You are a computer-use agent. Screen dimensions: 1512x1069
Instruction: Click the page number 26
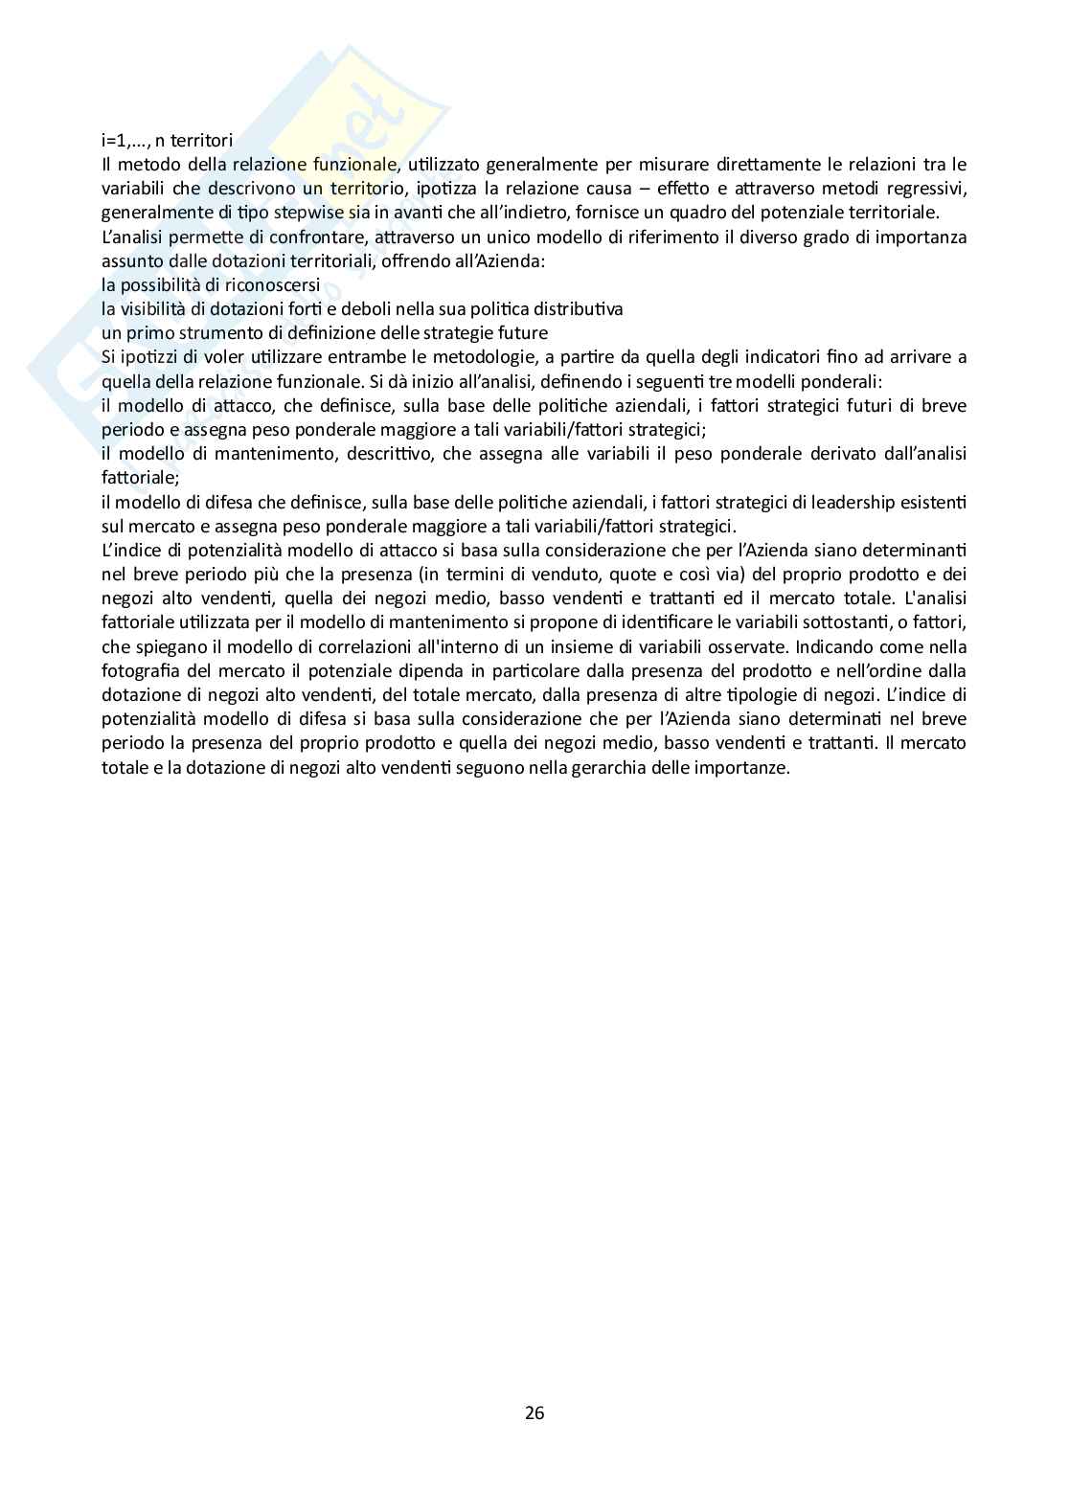[x=534, y=1412]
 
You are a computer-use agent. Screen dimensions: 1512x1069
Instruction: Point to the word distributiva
[x=578, y=309]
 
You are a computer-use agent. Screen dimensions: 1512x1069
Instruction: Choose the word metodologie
[x=470, y=357]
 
